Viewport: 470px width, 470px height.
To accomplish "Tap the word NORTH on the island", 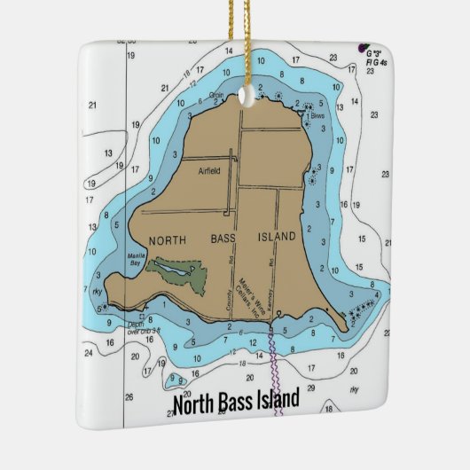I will (x=168, y=240).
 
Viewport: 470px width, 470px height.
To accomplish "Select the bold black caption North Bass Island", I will (x=235, y=404).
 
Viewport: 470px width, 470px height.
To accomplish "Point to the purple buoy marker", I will (x=363, y=47).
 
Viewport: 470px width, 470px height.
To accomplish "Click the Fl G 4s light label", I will (x=375, y=65).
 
